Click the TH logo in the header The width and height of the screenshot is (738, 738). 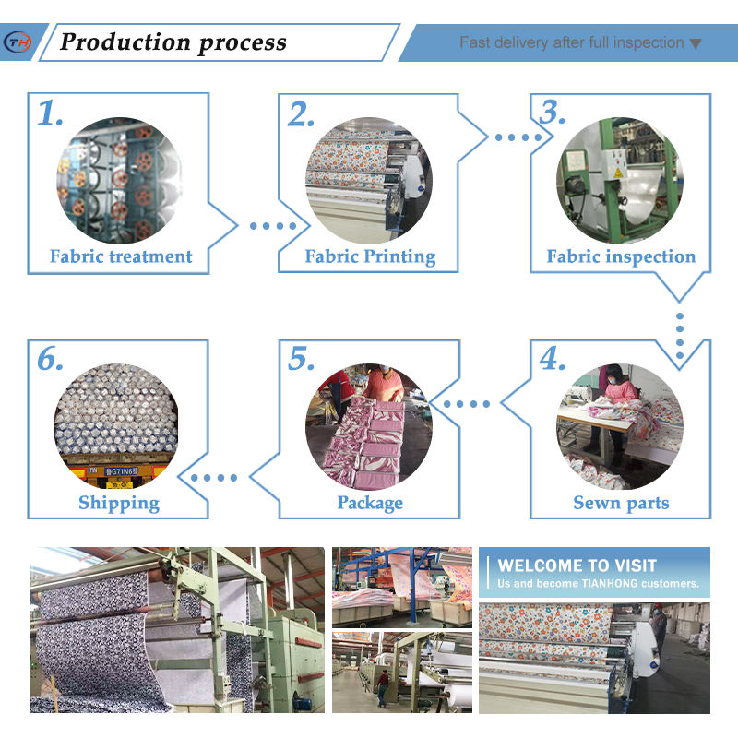(x=18, y=42)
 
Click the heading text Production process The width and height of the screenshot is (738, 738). (x=173, y=42)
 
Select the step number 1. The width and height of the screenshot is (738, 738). (x=51, y=113)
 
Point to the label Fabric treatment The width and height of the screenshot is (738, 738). (x=121, y=256)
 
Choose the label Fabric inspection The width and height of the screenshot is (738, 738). (x=621, y=256)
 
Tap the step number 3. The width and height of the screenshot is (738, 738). (x=553, y=113)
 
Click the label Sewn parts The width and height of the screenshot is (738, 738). (x=621, y=503)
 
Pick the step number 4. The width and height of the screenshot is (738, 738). (x=553, y=360)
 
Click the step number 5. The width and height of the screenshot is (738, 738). (x=302, y=360)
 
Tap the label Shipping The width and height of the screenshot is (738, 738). (x=119, y=503)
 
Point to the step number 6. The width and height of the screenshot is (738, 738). (x=51, y=360)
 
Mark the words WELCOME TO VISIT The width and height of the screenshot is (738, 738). (x=577, y=565)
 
